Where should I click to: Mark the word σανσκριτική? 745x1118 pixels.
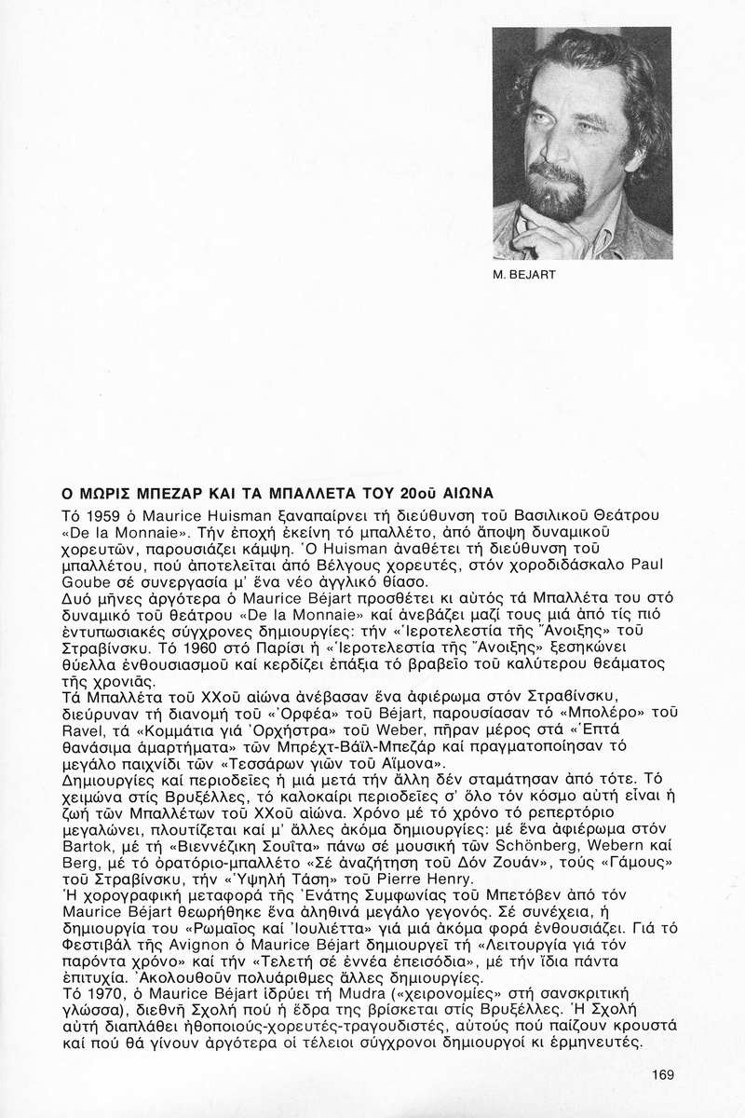(560, 994)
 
